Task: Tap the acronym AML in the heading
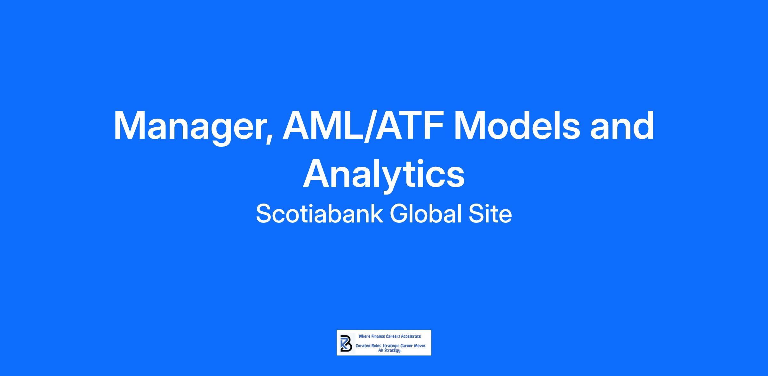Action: (x=324, y=125)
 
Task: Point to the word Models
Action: (x=517, y=125)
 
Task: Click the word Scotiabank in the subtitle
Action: (x=319, y=214)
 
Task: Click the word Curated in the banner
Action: (x=363, y=346)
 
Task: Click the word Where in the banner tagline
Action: (x=364, y=336)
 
